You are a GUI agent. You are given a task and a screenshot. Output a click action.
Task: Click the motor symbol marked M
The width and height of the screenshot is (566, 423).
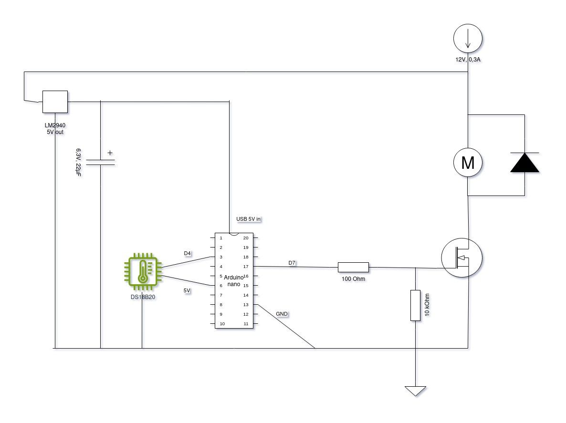tap(468, 163)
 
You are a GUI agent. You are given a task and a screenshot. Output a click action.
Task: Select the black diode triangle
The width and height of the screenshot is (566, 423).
tap(524, 163)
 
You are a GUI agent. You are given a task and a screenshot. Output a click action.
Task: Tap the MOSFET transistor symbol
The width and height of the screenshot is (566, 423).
tap(461, 258)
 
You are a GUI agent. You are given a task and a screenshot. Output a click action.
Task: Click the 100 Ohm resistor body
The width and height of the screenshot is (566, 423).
tap(353, 267)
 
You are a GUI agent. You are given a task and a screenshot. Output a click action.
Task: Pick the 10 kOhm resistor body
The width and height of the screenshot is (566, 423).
tap(415, 305)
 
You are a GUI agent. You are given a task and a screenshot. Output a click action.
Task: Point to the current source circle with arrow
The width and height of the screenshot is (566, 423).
tap(468, 39)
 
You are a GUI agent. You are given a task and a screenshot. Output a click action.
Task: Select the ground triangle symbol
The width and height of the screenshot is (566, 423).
tap(415, 391)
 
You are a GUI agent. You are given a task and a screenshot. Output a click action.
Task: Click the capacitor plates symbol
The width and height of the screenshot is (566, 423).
tap(101, 162)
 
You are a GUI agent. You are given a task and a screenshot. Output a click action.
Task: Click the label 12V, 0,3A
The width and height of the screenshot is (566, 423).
tap(467, 60)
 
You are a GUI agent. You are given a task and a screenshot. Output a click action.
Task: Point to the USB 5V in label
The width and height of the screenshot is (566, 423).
tap(249, 219)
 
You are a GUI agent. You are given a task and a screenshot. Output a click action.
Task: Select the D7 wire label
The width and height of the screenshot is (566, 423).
tap(292, 263)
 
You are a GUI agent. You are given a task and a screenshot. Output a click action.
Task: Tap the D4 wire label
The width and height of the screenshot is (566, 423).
tap(188, 253)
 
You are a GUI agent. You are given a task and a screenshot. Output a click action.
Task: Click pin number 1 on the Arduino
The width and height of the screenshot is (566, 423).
tap(220, 238)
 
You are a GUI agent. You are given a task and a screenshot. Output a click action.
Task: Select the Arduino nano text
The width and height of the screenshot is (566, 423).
tap(233, 280)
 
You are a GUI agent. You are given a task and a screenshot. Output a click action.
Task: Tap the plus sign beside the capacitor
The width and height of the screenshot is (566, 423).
tap(110, 153)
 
